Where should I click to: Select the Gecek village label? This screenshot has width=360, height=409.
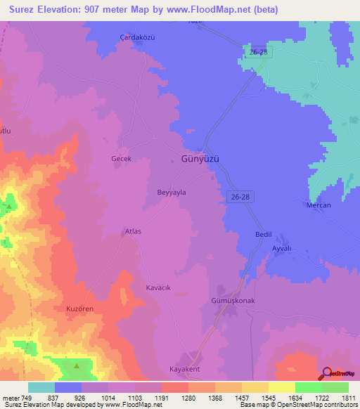coord(122,159)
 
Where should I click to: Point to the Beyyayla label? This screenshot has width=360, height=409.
coord(171,192)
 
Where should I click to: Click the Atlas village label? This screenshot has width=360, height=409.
coord(133,231)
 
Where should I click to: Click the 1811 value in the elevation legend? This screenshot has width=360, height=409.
coord(348,398)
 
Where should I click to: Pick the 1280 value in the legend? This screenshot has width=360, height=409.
coord(188,398)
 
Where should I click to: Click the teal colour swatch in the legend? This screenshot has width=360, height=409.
coord(41,387)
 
